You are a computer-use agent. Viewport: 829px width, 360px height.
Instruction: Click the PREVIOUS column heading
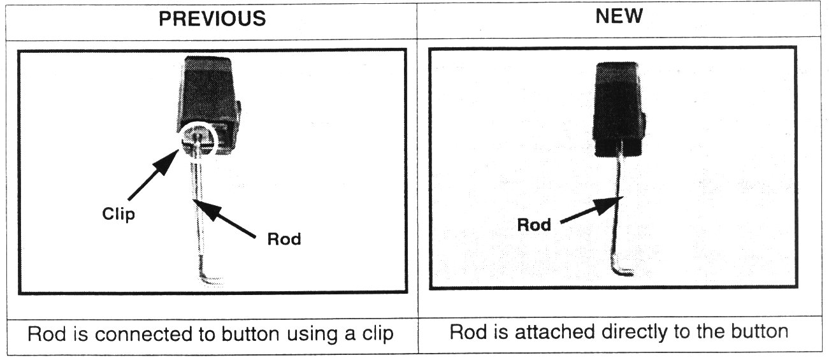(212, 18)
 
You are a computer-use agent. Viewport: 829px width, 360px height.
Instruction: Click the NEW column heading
(619, 17)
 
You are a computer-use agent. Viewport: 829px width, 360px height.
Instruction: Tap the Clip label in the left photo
(119, 214)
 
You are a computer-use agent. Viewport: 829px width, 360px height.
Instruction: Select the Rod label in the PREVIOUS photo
(284, 240)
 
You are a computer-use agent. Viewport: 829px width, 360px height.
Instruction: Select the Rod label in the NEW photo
(533, 225)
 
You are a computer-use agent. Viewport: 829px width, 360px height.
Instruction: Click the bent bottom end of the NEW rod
(622, 270)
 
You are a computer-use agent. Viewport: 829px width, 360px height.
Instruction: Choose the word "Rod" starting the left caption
(45, 334)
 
